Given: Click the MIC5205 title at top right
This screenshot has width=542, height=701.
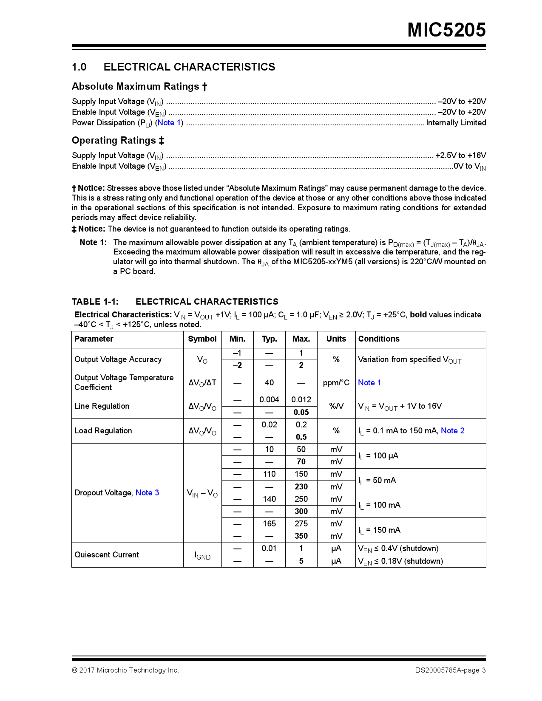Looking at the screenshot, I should click(x=446, y=30).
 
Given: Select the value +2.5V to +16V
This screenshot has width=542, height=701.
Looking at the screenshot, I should click(x=460, y=155).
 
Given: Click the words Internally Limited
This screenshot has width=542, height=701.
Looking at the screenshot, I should click(x=456, y=123).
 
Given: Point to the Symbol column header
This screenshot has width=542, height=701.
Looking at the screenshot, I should click(x=202, y=339).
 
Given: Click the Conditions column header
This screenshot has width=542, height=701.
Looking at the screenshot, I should click(x=379, y=339).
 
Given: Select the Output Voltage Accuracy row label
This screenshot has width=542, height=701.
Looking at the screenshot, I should click(x=118, y=359).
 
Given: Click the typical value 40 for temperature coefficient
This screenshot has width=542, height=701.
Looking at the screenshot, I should click(x=269, y=383).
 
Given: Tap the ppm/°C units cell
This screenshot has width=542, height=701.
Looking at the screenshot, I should click(x=336, y=383).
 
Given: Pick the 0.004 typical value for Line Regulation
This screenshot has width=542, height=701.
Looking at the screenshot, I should click(x=269, y=400).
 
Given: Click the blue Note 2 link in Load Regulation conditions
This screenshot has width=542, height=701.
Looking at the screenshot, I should click(x=452, y=431).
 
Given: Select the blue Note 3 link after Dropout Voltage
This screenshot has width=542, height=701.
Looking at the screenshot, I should click(x=147, y=493).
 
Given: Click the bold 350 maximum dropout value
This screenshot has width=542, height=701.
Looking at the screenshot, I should click(x=301, y=536).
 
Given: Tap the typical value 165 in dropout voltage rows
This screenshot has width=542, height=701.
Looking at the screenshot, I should click(x=269, y=524).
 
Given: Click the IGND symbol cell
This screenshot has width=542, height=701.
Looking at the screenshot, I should click(x=202, y=555).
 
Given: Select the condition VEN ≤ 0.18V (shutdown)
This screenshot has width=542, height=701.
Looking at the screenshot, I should click(x=400, y=561).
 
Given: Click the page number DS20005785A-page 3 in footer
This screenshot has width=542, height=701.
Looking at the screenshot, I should click(x=450, y=670).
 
